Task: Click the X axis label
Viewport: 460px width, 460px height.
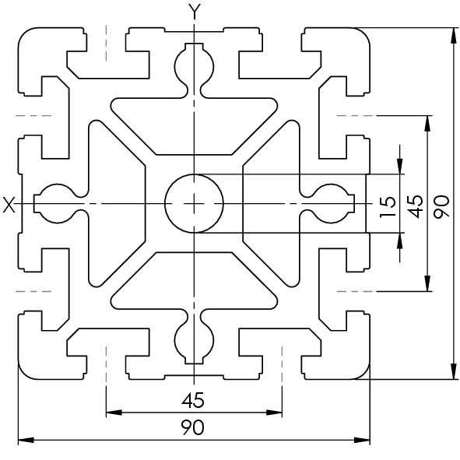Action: (x=9, y=205)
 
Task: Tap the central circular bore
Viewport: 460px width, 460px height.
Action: (x=194, y=204)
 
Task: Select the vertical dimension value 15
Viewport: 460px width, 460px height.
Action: (x=388, y=207)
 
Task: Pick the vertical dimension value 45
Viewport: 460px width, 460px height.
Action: (x=416, y=206)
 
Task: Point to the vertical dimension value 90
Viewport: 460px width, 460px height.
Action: (x=441, y=206)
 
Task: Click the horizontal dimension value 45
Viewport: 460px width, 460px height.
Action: (x=193, y=400)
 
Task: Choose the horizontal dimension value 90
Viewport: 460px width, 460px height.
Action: (x=192, y=427)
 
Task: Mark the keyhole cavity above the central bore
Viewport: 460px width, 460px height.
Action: (x=194, y=70)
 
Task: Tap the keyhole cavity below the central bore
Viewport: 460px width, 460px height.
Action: (x=194, y=337)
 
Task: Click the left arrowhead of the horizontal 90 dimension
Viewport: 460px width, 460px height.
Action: (x=26, y=440)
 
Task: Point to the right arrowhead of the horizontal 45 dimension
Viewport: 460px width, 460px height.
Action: (x=274, y=413)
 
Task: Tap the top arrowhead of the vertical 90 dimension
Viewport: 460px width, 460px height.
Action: (x=454, y=36)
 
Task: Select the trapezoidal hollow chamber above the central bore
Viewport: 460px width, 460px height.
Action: (x=194, y=126)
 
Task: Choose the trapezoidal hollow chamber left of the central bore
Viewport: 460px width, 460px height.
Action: (x=117, y=204)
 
